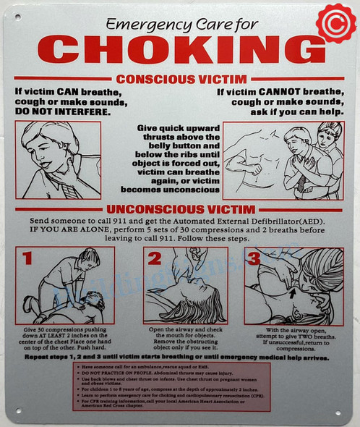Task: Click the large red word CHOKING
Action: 181,49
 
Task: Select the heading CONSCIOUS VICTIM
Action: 182,78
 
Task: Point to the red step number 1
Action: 26,258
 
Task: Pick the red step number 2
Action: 154,258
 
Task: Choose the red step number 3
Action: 254,258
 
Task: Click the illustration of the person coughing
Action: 58,160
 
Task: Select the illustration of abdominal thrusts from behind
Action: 283,160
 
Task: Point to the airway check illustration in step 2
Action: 186,284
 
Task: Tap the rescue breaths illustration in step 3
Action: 293,283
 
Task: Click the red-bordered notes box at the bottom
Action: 172,386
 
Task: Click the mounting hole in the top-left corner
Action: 16,14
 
